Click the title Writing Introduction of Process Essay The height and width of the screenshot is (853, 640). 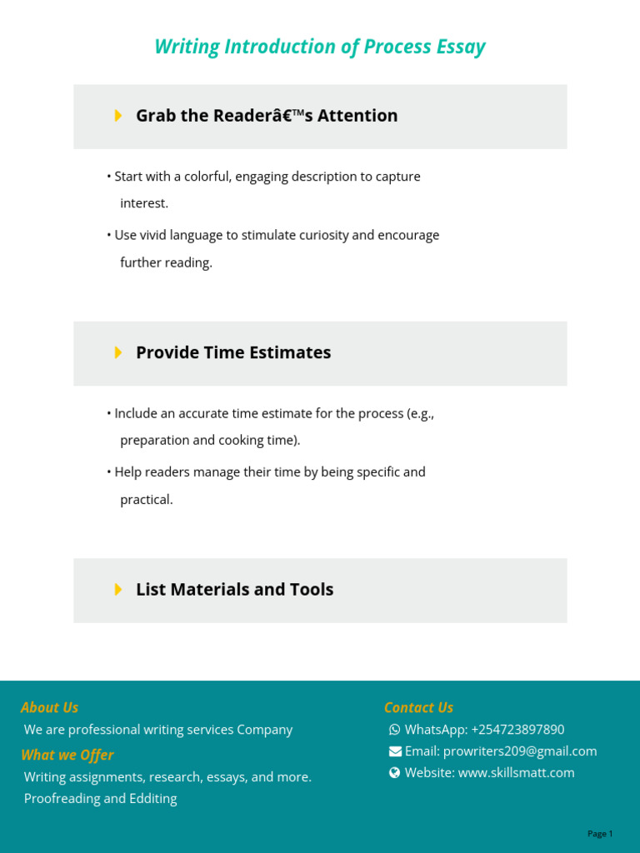point(319,47)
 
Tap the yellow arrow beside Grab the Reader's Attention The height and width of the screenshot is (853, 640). point(118,116)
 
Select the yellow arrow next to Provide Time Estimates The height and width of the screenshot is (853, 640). point(118,352)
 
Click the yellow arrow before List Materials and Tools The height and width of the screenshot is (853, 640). point(118,590)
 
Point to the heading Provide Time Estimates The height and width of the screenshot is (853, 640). point(233,352)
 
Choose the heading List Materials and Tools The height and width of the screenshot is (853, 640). point(234,590)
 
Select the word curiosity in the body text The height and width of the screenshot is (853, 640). point(320,235)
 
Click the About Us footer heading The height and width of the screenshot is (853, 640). point(49,707)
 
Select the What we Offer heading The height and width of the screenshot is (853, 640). point(67,755)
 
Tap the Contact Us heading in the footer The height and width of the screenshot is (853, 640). point(418,707)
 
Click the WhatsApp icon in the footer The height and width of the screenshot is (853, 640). point(395,730)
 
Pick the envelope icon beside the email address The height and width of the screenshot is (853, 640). point(395,751)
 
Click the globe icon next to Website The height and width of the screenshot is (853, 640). point(395,773)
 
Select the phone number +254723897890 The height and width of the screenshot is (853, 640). point(517,730)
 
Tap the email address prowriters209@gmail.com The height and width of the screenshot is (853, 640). point(520,751)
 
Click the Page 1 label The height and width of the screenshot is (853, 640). point(600,834)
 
